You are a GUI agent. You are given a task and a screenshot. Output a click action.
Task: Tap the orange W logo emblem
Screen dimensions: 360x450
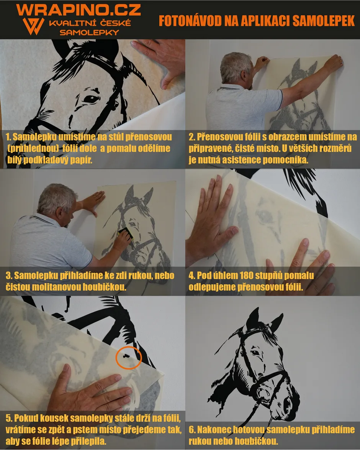(x=34, y=26)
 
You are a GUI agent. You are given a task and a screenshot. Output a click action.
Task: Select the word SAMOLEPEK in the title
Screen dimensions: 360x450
(x=324, y=21)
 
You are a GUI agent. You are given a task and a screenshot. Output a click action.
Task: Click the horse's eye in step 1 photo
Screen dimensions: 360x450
(x=91, y=99)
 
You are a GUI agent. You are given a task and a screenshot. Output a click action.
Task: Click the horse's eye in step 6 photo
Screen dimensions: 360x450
(x=255, y=352)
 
